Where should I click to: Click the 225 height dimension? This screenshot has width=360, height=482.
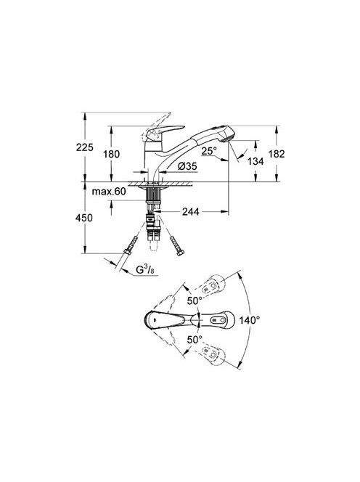pyautogui.click(x=84, y=147)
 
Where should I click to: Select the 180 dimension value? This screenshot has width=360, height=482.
pyautogui.click(x=111, y=154)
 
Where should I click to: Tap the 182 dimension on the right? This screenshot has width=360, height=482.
pyautogui.click(x=277, y=154)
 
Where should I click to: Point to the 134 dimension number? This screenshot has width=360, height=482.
pyautogui.click(x=255, y=161)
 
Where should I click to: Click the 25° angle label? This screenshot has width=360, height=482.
pyautogui.click(x=209, y=150)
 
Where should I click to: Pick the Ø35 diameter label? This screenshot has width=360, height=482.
pyautogui.click(x=187, y=166)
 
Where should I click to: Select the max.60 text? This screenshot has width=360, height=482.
pyautogui.click(x=109, y=192)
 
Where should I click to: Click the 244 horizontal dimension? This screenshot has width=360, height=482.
pyautogui.click(x=191, y=211)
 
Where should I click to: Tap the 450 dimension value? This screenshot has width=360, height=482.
pyautogui.click(x=84, y=218)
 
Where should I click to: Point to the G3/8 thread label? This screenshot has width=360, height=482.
pyautogui.click(x=145, y=270)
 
